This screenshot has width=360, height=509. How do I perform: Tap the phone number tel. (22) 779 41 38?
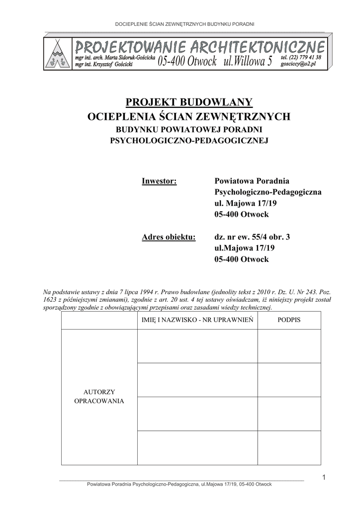(301, 58)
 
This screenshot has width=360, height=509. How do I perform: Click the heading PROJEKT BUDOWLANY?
(189, 102)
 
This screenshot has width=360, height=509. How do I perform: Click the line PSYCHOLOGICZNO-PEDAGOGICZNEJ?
(189, 141)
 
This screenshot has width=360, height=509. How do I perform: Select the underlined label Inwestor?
(160, 181)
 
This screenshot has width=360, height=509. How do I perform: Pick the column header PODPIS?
(289, 320)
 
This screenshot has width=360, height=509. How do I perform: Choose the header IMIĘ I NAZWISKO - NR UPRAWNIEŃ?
(197, 320)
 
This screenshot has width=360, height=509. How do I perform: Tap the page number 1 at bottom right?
(323, 478)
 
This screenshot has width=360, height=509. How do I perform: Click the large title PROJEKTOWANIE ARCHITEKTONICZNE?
(200, 48)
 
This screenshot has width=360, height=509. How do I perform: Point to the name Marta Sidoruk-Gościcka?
(128, 58)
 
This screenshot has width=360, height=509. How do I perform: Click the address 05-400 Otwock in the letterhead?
(187, 62)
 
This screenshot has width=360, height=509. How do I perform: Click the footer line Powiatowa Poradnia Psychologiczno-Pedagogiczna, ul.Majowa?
(179, 484)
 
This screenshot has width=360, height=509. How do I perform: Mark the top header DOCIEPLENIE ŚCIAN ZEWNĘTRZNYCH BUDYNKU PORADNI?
(185, 24)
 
